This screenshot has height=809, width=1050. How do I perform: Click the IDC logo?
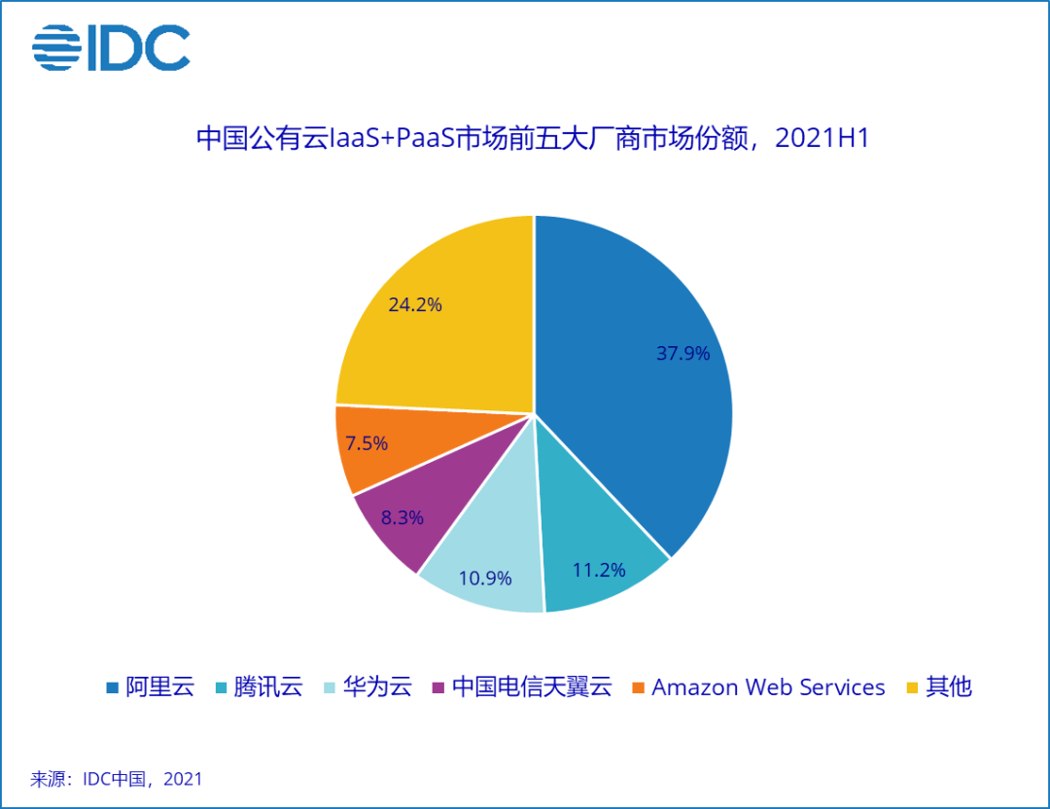[x=111, y=48]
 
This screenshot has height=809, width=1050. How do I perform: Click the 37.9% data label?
[x=682, y=354]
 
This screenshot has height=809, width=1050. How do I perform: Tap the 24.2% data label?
[x=415, y=304]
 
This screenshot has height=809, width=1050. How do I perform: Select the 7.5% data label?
[x=367, y=443]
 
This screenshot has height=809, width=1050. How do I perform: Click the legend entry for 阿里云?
[x=150, y=687]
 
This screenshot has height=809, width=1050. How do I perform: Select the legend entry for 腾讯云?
[x=259, y=687]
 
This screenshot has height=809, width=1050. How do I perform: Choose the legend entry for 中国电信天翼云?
[x=521, y=687]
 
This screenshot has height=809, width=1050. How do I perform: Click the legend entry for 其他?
[x=938, y=687]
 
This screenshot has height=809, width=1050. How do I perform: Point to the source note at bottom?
[x=117, y=779]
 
